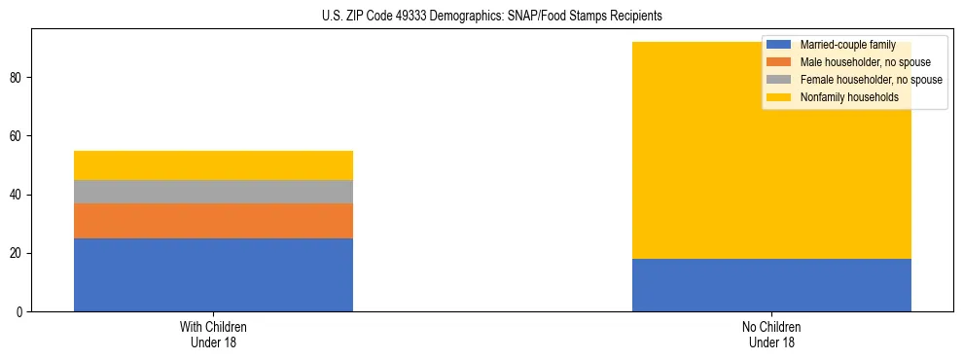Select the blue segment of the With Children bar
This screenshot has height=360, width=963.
(x=213, y=274)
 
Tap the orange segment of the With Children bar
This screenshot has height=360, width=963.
(x=213, y=221)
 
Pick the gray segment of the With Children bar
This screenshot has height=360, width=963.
(x=213, y=192)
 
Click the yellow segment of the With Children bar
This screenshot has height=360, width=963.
(x=213, y=165)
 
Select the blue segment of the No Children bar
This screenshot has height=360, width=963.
(x=771, y=285)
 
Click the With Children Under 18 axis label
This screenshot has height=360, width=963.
(x=213, y=334)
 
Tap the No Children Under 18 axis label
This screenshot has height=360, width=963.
(x=771, y=334)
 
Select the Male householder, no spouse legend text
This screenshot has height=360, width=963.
(x=865, y=62)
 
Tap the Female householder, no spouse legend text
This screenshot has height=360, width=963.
(x=871, y=80)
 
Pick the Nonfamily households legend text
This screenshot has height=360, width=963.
(x=849, y=97)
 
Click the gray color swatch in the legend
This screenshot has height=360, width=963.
(x=779, y=80)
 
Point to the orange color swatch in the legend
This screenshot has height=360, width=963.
(x=779, y=62)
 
